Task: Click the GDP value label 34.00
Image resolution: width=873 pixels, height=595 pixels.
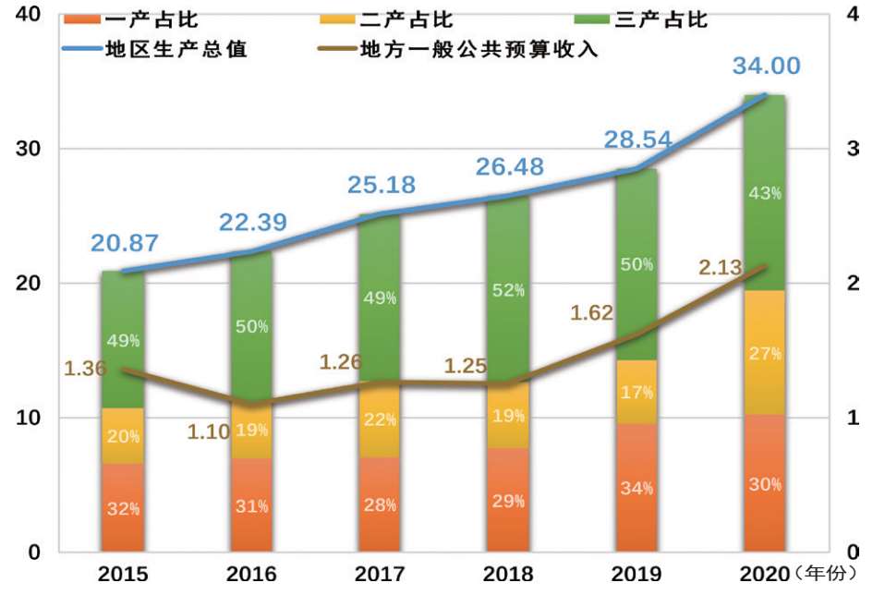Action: tap(766, 67)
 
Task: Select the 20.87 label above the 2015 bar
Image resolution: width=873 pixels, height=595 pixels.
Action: tap(125, 244)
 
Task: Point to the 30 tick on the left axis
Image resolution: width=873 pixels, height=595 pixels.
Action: tap(28, 149)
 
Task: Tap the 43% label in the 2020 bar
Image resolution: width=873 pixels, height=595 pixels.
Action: tap(766, 193)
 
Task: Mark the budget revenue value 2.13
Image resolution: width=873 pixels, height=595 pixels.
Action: tap(721, 268)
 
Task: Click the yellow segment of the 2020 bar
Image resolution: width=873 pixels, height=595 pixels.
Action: tap(764, 352)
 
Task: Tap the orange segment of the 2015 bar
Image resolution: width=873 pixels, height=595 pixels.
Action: tap(122, 508)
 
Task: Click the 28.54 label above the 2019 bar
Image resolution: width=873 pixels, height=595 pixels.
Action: tap(637, 140)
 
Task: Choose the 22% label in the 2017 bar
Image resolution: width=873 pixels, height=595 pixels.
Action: tap(379, 419)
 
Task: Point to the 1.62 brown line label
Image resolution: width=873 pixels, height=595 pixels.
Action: tap(592, 313)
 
